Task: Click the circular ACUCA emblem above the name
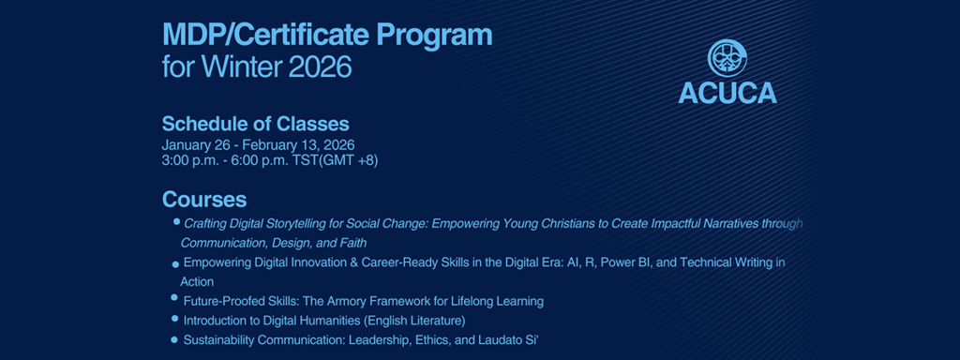coord(727,59)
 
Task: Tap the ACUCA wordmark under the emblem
coord(727,93)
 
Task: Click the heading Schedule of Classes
coord(255,124)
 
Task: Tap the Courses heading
coord(204,200)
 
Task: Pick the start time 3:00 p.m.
coord(186,160)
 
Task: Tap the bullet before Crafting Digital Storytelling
coord(177,222)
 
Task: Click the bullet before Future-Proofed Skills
coord(175,298)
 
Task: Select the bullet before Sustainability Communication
coord(174,339)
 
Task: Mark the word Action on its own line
coord(197,282)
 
